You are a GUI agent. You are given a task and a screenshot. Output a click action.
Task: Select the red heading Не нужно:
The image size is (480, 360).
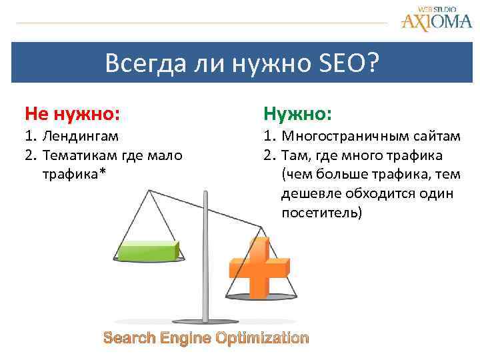(72, 114)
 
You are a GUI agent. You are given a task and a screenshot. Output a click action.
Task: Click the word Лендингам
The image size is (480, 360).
(80, 137)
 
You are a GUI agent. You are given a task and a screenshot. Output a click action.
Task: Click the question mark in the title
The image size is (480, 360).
(371, 65)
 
